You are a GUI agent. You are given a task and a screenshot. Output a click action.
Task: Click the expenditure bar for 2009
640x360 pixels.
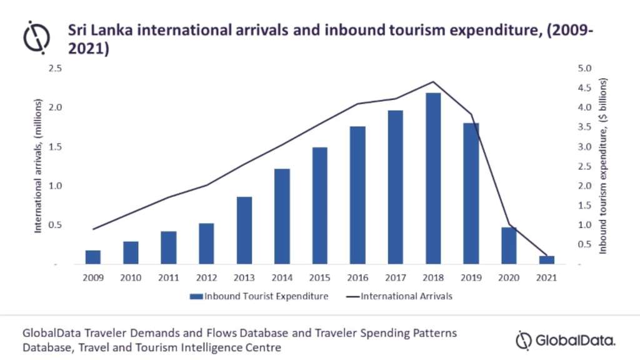point(92,257)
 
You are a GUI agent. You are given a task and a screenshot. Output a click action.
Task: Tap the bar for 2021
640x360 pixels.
point(546,260)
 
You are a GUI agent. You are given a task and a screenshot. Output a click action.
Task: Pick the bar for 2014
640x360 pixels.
point(282,216)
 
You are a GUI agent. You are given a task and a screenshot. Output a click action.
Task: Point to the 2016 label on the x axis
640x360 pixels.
point(357,277)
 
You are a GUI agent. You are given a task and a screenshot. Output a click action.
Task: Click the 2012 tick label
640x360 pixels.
point(206,277)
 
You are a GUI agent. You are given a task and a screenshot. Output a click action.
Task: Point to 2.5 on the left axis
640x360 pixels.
point(56,68)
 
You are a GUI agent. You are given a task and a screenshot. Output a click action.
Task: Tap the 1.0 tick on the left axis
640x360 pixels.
point(56,186)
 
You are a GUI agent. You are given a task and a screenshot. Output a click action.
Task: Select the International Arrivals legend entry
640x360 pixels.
point(400,296)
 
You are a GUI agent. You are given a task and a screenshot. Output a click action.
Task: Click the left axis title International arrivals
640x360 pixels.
point(38,166)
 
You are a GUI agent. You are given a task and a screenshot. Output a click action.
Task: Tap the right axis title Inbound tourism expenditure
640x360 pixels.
point(603,166)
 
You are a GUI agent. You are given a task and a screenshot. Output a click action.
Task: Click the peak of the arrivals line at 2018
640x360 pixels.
point(433,82)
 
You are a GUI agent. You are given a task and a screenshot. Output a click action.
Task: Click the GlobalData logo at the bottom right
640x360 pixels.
point(566,341)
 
